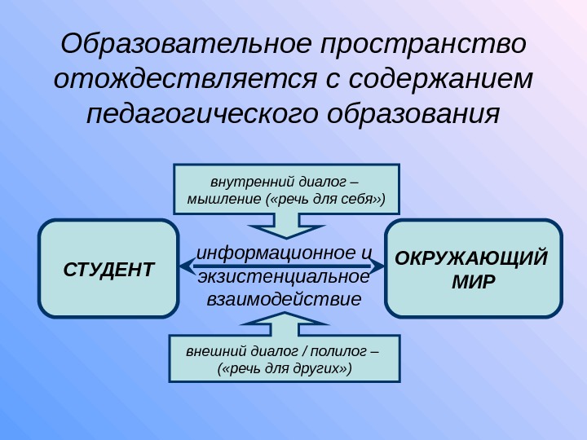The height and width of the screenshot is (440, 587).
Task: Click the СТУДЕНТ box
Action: [108, 268]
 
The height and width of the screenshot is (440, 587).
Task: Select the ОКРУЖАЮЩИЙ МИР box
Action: [473, 268]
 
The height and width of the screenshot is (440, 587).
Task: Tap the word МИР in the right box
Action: [473, 282]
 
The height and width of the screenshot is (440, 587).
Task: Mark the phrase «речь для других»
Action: [285, 368]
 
